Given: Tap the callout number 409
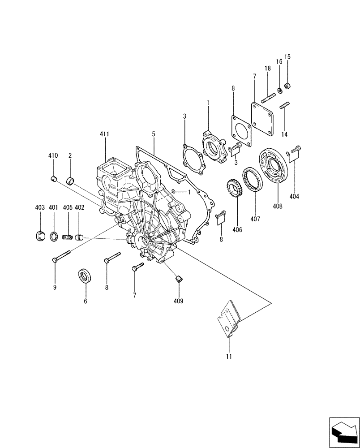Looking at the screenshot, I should pyautogui.click(x=179, y=301).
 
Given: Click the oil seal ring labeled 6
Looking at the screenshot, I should pyautogui.click(x=84, y=276).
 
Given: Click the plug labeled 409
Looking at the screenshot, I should pyautogui.click(x=179, y=280).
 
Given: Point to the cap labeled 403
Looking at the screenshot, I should pyautogui.click(x=40, y=236).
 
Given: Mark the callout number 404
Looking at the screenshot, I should pyautogui.click(x=294, y=196).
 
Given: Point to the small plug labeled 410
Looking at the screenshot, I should pyautogui.click(x=53, y=179).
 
